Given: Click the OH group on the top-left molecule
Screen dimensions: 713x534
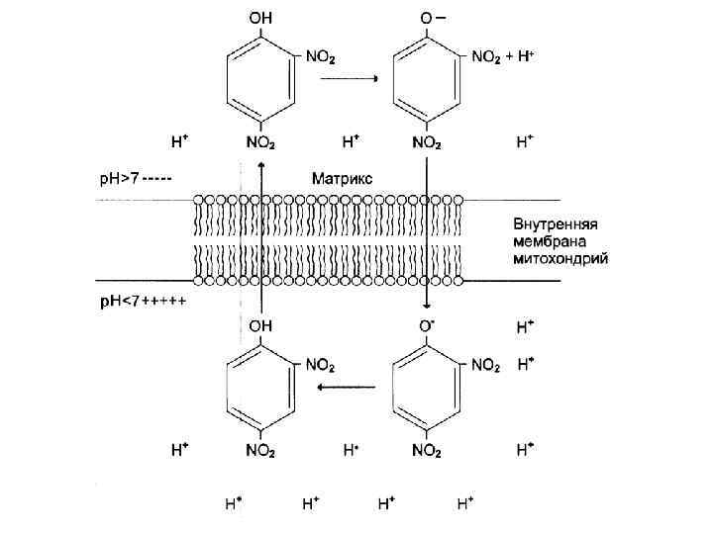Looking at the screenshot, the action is [260, 18].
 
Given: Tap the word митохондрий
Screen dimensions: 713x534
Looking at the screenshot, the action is [560, 259].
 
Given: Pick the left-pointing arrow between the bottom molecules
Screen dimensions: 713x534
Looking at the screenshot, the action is [346, 388].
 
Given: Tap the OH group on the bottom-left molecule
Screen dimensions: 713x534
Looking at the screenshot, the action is [260, 324].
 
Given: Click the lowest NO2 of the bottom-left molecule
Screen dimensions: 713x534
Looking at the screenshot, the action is [261, 450].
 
